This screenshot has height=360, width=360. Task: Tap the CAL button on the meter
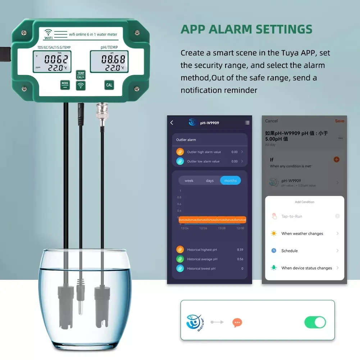coord(109,85)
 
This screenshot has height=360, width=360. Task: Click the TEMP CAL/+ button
coord(81,75)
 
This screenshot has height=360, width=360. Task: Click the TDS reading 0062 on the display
coord(56,59)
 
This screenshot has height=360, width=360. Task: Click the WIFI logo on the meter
coord(48,34)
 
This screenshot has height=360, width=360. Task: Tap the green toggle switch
coord(315,322)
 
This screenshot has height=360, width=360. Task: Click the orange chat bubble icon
coord(237,323)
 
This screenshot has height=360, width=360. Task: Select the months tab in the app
coord(230,181)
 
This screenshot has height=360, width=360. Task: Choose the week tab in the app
coord(189,181)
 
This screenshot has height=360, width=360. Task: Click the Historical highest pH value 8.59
coord(240,250)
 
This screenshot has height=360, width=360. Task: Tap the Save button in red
coord(339,121)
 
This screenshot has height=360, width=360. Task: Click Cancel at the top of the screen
coord(272,121)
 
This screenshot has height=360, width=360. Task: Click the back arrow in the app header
coord(172,123)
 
